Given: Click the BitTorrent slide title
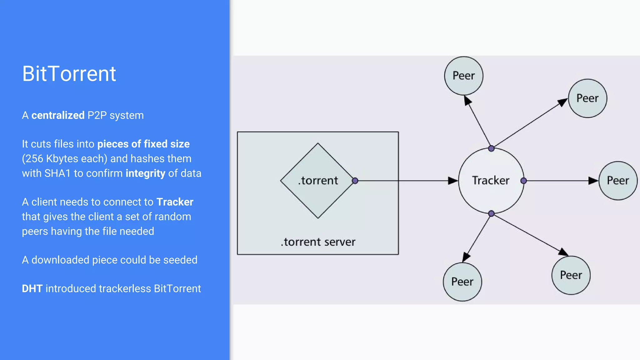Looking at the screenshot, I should (x=69, y=74).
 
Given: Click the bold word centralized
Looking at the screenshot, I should (x=58, y=115).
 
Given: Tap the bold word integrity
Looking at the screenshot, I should (x=145, y=173).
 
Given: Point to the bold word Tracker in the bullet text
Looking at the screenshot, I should (x=175, y=202).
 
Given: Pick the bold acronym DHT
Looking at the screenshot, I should (x=32, y=288).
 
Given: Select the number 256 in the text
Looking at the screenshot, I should (x=34, y=159).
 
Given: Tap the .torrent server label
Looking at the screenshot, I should (x=318, y=242).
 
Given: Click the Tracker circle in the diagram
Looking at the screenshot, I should (x=491, y=181).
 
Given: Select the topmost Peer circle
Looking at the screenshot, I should (x=464, y=76).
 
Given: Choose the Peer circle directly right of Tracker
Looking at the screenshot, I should (x=618, y=181).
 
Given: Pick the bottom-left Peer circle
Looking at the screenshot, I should (x=462, y=282).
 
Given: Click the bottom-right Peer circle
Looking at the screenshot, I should (x=571, y=275).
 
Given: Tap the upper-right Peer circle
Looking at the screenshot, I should (x=587, y=98).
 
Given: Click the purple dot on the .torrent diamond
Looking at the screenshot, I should (x=355, y=181).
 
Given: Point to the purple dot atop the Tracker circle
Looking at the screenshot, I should (x=491, y=148).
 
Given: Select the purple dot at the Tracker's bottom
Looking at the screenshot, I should (x=491, y=213).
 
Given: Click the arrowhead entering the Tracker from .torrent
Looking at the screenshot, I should (x=452, y=181).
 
